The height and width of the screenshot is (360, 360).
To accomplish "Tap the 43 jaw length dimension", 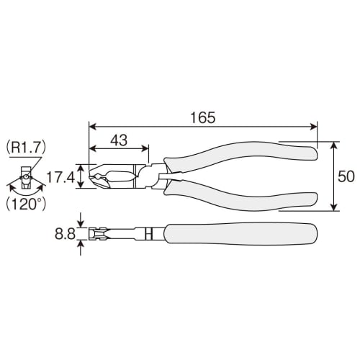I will pos(119,141).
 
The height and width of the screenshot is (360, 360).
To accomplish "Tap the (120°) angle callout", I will pos(27,204).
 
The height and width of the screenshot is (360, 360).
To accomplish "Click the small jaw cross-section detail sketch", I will pos(24,177).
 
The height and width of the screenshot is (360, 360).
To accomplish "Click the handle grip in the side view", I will pos(241,234).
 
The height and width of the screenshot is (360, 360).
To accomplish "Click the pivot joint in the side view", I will pos(148,234).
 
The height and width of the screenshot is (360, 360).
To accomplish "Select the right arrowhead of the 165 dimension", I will pos(314,127).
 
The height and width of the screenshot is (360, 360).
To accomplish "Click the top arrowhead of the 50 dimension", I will pos(334,145).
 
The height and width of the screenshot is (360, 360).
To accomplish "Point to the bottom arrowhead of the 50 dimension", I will pos(334,208).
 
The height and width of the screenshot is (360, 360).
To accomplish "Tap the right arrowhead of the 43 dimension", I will pos(147,150).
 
